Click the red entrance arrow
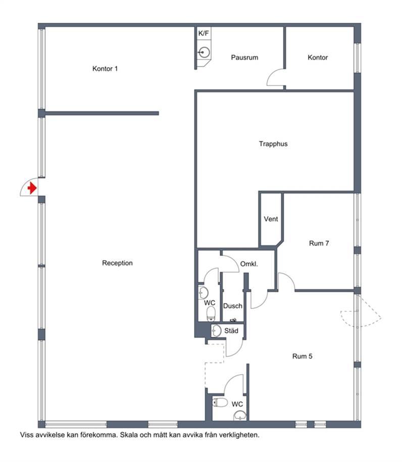tap(32, 188)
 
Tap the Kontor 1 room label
tap(105, 69)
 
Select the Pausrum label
tap(244, 58)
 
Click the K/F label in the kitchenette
tap(204, 33)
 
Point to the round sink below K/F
tap(204, 53)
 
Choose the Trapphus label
tap(273, 144)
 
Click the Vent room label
tap(271, 219)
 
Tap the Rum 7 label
tap(319, 243)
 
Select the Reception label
tap(117, 263)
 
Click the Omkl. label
tap(249, 264)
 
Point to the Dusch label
tap(232, 306)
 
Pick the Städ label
tap(231, 331)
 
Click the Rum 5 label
tap(302, 356)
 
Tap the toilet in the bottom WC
tap(220, 402)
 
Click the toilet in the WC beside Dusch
tap(211, 314)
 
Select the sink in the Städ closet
tap(216, 331)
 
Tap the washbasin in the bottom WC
tap(240, 416)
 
